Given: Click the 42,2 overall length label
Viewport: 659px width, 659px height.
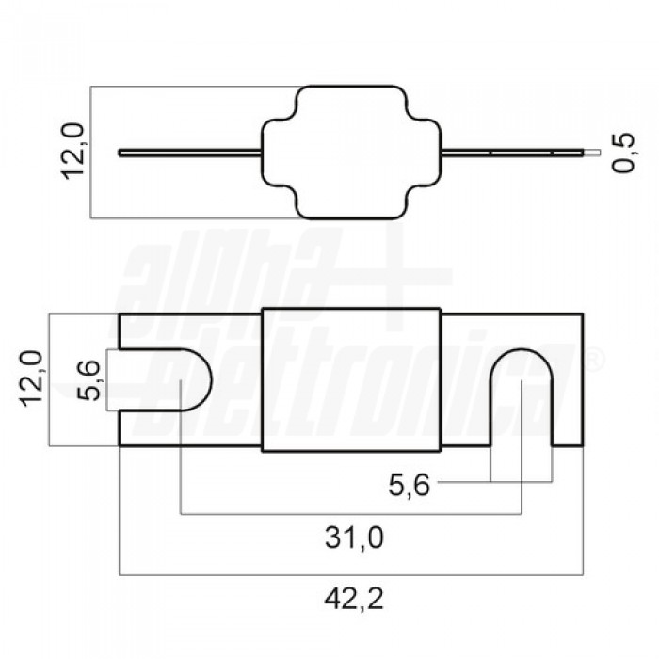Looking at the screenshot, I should (x=349, y=597).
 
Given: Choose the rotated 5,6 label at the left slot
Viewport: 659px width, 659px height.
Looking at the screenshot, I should (x=90, y=379).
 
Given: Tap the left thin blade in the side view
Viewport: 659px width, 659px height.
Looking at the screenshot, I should (x=188, y=152).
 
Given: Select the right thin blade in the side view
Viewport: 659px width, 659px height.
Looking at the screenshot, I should (x=508, y=152).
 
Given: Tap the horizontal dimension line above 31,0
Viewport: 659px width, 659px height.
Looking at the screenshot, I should (x=350, y=514).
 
